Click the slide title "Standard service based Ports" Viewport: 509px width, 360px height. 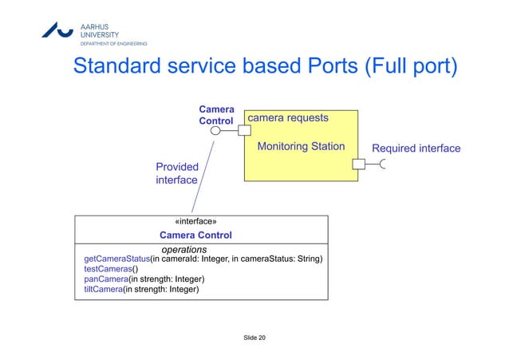[x=215, y=66]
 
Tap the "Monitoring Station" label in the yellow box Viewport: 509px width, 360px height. [x=301, y=147]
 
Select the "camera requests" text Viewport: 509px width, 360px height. [x=288, y=117]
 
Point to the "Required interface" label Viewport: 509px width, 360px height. [x=416, y=148]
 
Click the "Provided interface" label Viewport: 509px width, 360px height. [x=177, y=173]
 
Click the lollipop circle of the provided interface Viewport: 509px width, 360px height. [x=215, y=132]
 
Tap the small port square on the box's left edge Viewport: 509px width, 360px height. [x=244, y=132]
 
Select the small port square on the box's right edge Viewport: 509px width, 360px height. [x=359, y=164]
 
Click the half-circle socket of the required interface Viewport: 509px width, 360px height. [x=385, y=164]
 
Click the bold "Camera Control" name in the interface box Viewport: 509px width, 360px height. [x=195, y=235]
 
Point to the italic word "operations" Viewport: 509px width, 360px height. [x=184, y=250]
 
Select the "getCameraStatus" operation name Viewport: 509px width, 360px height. [x=117, y=259]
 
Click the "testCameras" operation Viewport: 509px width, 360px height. [x=108, y=270]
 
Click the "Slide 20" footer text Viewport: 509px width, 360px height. [x=254, y=339]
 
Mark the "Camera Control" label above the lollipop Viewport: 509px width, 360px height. [x=215, y=115]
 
